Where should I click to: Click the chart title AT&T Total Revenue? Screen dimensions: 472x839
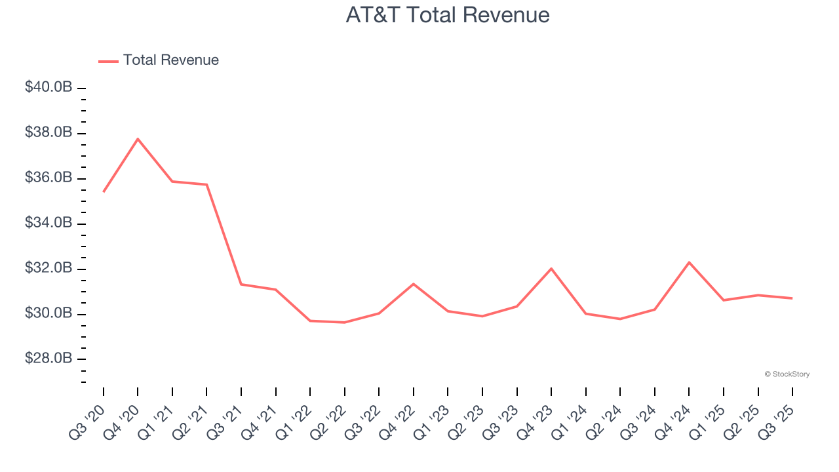[448, 15]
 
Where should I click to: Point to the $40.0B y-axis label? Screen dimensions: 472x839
[49, 87]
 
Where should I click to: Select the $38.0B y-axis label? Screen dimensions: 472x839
[49, 133]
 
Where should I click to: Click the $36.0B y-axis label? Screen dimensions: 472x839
[49, 178]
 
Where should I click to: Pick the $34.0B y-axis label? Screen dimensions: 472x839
[49, 224]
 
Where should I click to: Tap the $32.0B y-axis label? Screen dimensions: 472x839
[49, 269]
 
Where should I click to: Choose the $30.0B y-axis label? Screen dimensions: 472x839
[49, 314]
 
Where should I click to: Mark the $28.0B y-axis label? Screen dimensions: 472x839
[49, 359]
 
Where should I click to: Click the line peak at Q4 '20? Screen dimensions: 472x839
[138, 138]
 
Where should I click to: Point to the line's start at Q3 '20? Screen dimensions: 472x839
[104, 191]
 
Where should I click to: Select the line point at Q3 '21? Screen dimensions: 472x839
[241, 284]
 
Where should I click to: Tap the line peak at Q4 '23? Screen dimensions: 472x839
[551, 268]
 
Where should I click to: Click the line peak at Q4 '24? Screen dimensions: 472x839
[689, 262]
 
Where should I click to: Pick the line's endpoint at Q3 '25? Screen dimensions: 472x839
[792, 298]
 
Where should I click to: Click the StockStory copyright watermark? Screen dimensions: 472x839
[787, 374]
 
